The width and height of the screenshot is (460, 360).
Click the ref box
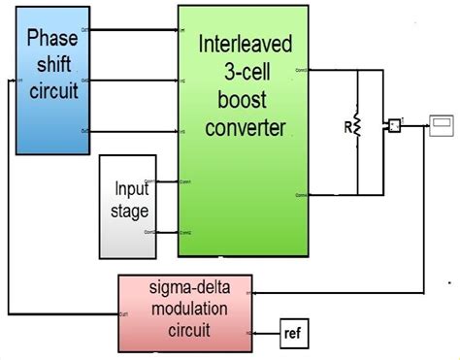(x=292, y=333)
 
